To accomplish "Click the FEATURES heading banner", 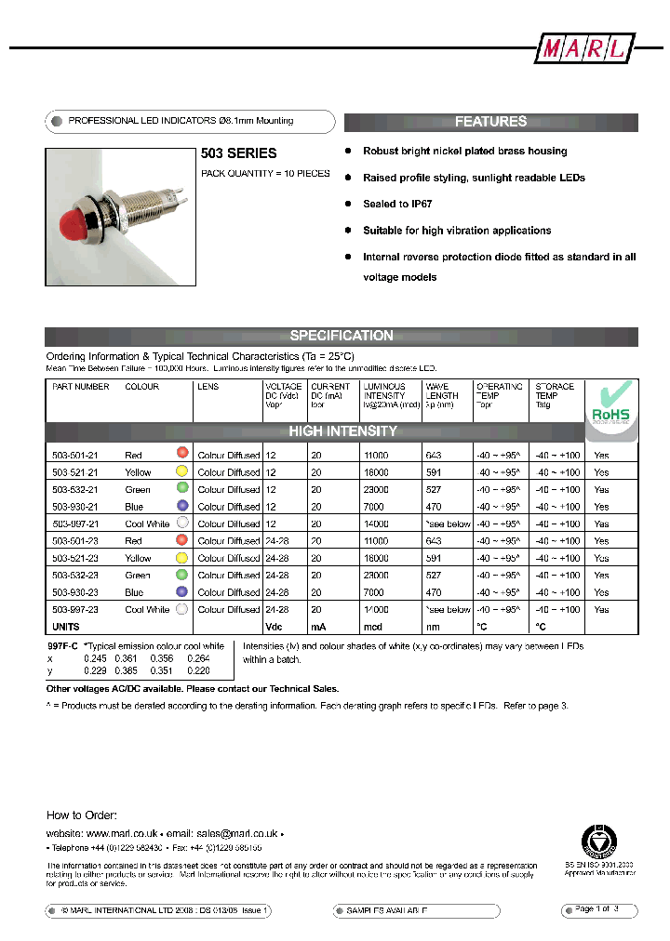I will (x=490, y=122).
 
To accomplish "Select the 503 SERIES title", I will (x=239, y=153).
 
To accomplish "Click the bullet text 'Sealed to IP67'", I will (x=397, y=204).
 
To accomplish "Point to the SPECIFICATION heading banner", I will (x=342, y=336).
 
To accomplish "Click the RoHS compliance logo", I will (x=610, y=406).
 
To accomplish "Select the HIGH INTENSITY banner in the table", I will (x=342, y=431).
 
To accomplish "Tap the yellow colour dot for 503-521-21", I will (x=182, y=471).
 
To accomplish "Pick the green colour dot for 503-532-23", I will (x=182, y=575).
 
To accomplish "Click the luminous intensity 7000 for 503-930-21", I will (x=376, y=507).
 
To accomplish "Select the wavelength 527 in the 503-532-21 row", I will (x=434, y=489).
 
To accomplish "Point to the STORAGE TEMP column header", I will (x=555, y=391).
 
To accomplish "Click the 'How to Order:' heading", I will (x=81, y=815).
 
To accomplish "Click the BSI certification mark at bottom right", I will (x=600, y=842).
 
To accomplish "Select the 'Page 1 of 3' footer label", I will (x=596, y=908).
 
